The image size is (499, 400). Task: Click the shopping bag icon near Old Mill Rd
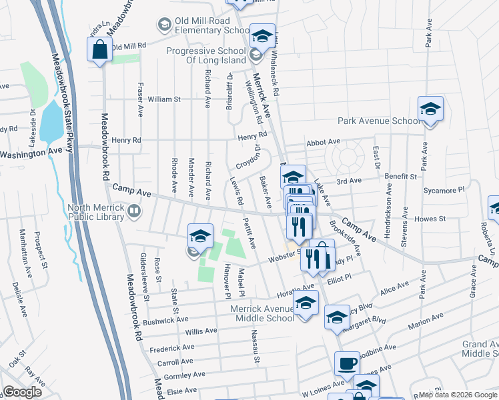coord(99,49)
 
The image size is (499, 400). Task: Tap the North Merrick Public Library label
coord(96,212)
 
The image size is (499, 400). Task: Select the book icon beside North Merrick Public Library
coord(134,212)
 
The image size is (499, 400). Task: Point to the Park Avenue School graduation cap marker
coord(430,109)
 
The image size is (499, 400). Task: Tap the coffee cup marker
coord(347,364)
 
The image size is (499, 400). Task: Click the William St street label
coord(164,99)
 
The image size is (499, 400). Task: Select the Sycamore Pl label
coord(446,190)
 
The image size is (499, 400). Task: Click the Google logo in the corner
coord(22,392)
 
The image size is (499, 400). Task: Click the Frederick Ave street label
coord(172,347)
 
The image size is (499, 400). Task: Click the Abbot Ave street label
coord(324,142)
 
